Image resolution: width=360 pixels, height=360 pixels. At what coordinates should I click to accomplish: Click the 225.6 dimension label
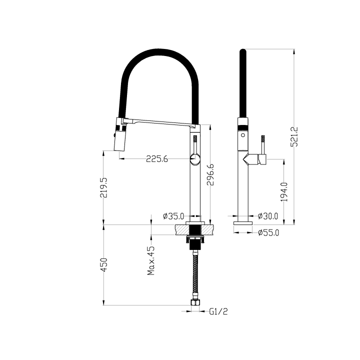pyautogui.click(x=156, y=159)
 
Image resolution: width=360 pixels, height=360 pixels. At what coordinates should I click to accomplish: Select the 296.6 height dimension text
pyautogui.click(x=211, y=175)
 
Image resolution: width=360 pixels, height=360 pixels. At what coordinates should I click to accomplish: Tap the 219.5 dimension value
pyautogui.click(x=104, y=187)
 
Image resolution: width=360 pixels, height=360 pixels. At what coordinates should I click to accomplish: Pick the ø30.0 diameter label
pyautogui.click(x=268, y=216)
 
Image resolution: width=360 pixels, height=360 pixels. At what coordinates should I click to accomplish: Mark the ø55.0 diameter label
pyautogui.click(x=268, y=232)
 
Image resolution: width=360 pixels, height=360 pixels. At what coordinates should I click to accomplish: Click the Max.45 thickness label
pyautogui.click(x=151, y=260)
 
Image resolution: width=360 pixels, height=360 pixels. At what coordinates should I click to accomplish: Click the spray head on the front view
pyautogui.click(x=120, y=137)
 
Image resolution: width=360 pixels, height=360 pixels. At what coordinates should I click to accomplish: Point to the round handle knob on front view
pyautogui.click(x=194, y=160)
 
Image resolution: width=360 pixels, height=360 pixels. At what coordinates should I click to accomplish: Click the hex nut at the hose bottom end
pyautogui.click(x=195, y=302)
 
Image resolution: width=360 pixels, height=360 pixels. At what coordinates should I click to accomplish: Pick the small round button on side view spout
pyautogui.click(x=242, y=134)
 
